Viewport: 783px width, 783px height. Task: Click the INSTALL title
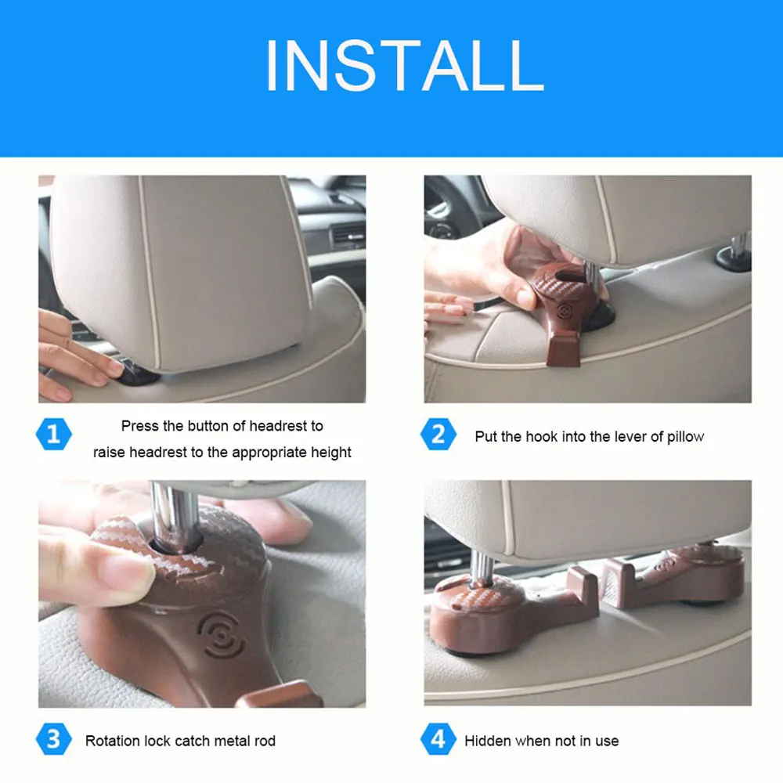[405, 66]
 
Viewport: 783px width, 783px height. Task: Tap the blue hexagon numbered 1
[54, 434]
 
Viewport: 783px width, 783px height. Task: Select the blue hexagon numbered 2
[438, 434]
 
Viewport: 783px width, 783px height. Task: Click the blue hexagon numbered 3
[54, 739]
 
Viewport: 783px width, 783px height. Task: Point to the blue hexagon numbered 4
[438, 739]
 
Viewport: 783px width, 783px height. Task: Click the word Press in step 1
[140, 426]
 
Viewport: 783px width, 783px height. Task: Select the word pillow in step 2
[686, 437]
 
